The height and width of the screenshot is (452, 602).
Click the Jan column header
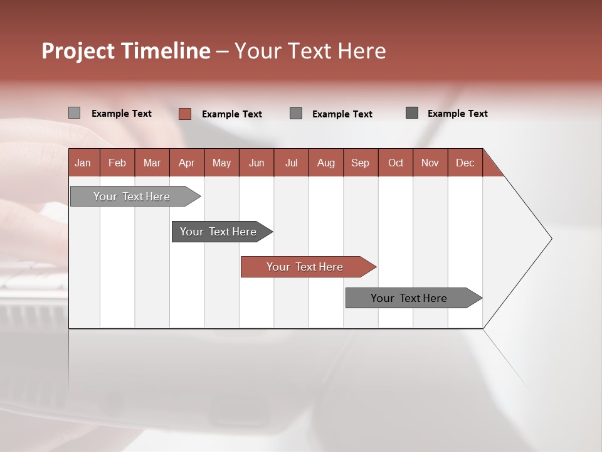tap(83, 163)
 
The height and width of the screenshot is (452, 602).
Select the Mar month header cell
tap(152, 163)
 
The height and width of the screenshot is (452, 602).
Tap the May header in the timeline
tap(221, 163)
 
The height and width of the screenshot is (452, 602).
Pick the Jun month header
tap(256, 163)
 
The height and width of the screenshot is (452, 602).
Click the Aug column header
tap(325, 163)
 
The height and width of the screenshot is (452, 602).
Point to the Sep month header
tap(360, 163)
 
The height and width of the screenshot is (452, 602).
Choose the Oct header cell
tap(395, 163)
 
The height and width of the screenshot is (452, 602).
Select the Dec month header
tap(465, 163)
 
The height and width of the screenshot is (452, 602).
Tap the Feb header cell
tap(117, 163)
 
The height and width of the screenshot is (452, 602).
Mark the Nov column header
tap(430, 163)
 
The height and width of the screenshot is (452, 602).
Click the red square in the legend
tap(184, 114)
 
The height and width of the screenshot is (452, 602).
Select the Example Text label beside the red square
tap(232, 114)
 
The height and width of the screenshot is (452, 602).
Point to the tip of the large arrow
tap(550, 239)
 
